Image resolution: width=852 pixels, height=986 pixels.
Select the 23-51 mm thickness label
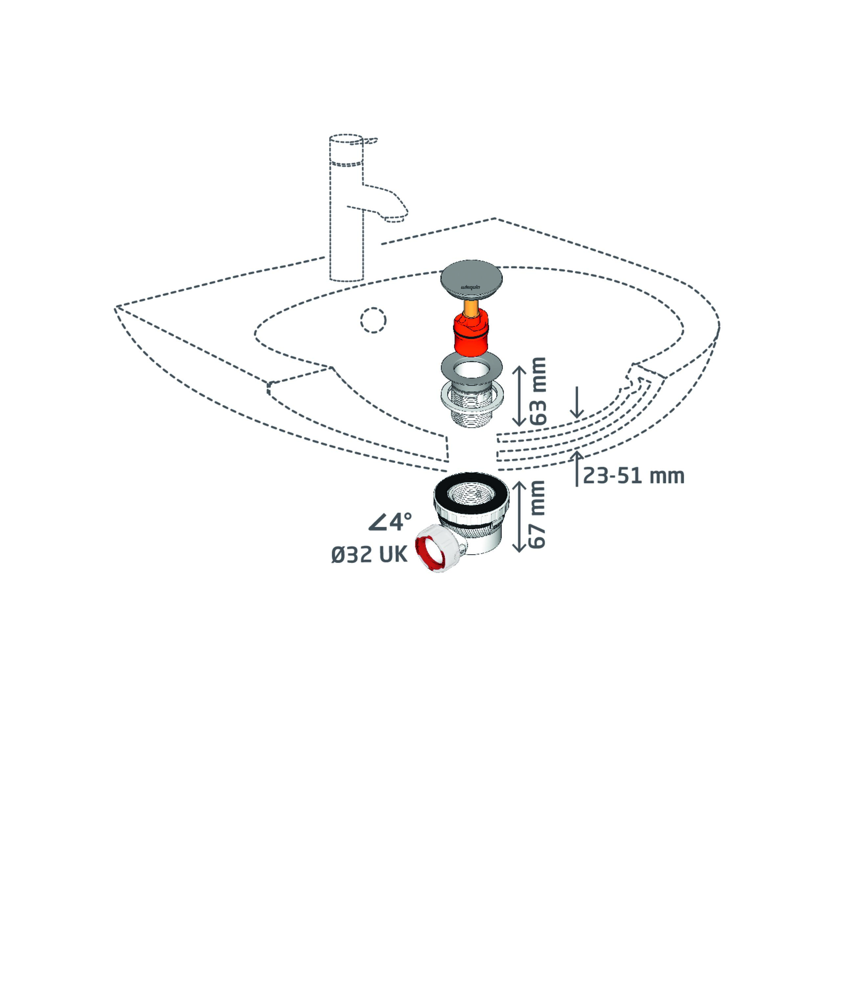(x=633, y=476)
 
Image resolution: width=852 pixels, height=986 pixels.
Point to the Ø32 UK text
(x=369, y=555)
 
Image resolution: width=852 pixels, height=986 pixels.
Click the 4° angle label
(x=390, y=522)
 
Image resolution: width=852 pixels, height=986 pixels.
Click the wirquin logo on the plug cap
(x=471, y=287)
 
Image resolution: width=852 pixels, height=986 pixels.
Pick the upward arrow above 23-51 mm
(x=577, y=468)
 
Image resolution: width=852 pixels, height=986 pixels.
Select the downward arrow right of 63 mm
(x=577, y=402)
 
